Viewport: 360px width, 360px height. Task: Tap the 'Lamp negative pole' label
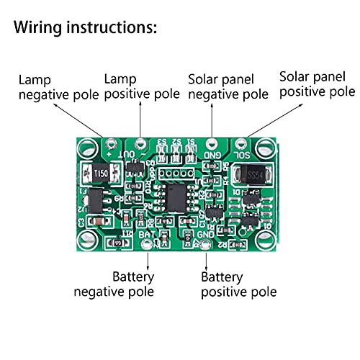45,86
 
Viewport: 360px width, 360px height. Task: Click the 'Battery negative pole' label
114,284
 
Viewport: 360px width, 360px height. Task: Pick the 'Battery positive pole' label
238,284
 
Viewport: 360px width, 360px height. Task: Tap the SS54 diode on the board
254,174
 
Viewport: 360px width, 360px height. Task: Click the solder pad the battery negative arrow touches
148,246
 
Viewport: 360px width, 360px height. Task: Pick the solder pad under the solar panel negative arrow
212,143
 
